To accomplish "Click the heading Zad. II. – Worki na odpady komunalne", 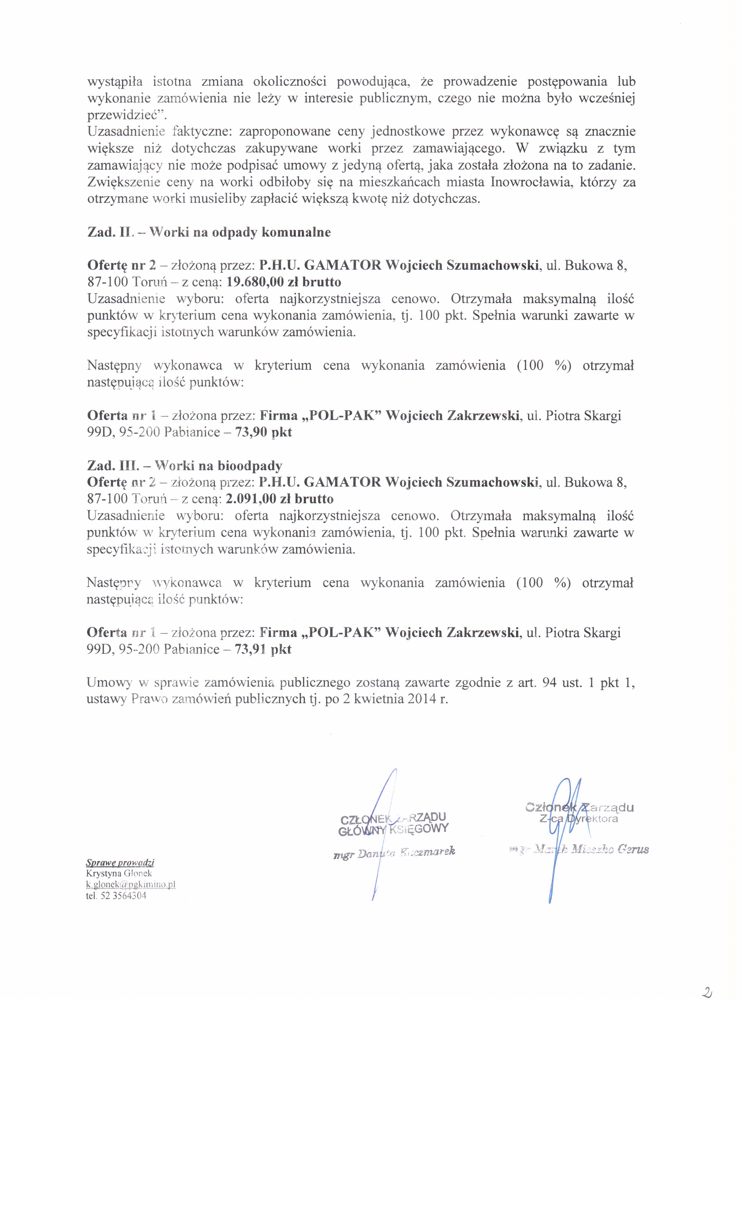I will click(x=209, y=232).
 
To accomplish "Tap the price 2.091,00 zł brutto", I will click(x=279, y=499).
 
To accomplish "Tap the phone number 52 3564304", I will click(x=123, y=896).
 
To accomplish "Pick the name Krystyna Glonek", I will click(x=119, y=874).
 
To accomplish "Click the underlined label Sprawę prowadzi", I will click(x=120, y=863).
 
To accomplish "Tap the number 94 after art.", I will click(x=549, y=683).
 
